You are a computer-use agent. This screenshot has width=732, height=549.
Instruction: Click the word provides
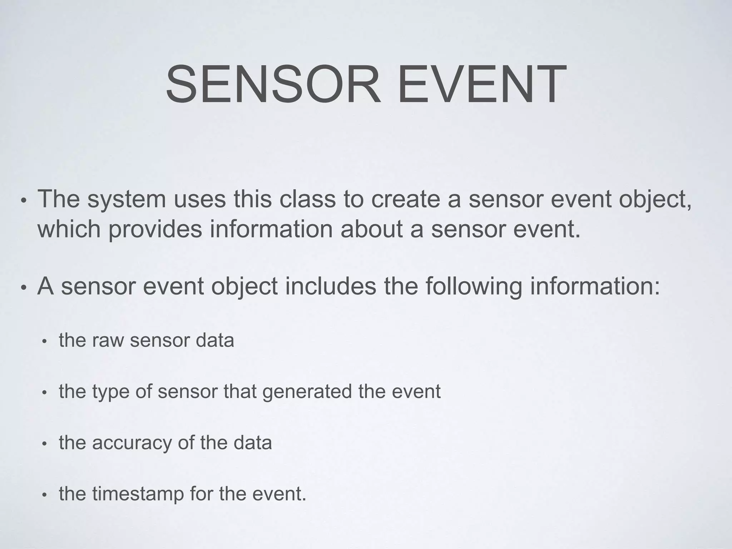pyautogui.click(x=155, y=229)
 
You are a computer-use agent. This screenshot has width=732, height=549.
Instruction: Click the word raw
pyautogui.click(x=108, y=340)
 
